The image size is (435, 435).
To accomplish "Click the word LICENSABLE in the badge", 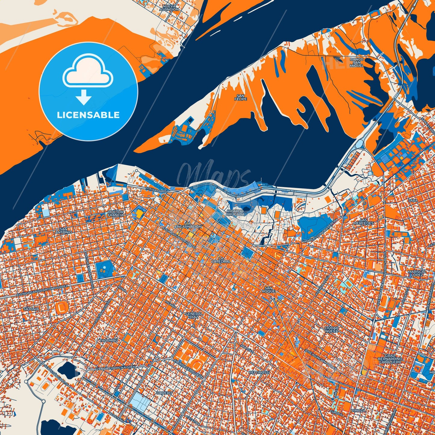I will click(x=88, y=115).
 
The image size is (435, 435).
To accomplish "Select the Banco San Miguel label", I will click(x=357, y=62).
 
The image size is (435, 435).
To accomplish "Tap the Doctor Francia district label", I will click(x=116, y=213).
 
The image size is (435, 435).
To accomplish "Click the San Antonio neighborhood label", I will click(x=64, y=231).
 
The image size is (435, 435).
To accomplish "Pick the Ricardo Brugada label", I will click(x=235, y=213).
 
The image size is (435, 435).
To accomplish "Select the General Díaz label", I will click(x=194, y=315).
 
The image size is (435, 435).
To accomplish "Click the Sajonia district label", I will click(x=31, y=309).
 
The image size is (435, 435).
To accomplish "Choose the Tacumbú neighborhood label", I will click(x=108, y=340).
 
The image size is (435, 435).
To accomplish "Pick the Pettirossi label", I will click(x=259, y=372).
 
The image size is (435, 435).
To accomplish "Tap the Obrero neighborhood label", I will click(x=164, y=393).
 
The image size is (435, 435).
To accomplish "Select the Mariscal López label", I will click(x=417, y=273).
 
